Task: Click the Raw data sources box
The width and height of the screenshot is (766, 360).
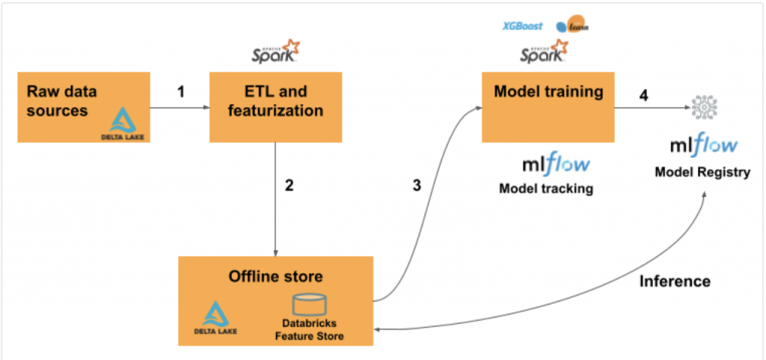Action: [x=83, y=106]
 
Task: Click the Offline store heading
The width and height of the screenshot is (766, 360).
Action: [x=275, y=276]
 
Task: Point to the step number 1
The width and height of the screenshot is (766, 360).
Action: [x=180, y=92]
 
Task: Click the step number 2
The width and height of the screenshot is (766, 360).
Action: [x=288, y=186]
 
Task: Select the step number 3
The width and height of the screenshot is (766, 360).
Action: [x=417, y=186]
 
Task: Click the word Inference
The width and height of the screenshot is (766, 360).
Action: [x=675, y=281]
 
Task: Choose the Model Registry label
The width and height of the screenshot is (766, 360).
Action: [x=702, y=173]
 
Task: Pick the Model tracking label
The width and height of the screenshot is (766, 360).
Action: [x=545, y=189]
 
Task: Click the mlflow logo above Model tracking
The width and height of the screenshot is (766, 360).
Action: [x=556, y=164]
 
